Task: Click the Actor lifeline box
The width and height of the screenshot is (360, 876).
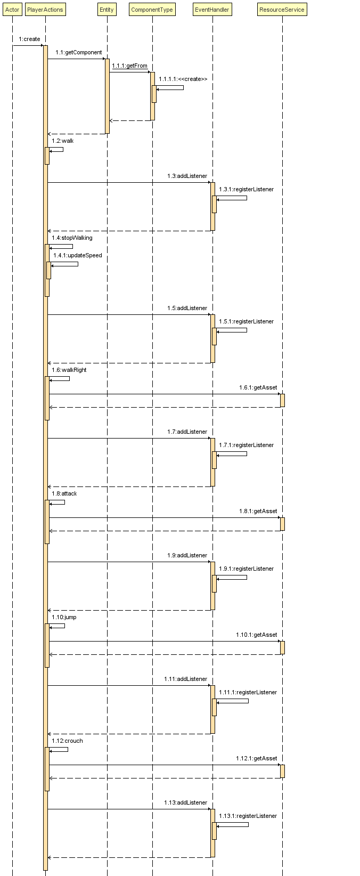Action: tap(12, 10)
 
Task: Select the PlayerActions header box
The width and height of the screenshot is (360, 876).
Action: tap(45, 10)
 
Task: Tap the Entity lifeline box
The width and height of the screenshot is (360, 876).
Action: tap(107, 10)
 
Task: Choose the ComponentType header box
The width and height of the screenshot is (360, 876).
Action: tap(152, 10)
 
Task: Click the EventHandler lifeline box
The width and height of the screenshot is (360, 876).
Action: tap(212, 10)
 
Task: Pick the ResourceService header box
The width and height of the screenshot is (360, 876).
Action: tap(282, 10)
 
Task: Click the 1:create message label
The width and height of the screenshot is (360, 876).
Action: tap(29, 39)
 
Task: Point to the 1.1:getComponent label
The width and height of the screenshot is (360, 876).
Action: tap(78, 52)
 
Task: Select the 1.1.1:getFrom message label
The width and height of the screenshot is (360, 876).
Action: tap(129, 66)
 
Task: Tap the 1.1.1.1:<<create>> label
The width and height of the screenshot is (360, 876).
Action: tap(183, 79)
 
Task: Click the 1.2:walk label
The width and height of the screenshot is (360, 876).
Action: tap(63, 141)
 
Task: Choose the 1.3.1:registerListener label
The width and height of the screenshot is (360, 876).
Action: tap(246, 189)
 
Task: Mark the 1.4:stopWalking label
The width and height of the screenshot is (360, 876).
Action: tap(72, 238)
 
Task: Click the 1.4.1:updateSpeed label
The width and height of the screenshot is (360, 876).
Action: tap(77, 255)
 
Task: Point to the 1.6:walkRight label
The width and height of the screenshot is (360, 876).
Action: tap(69, 370)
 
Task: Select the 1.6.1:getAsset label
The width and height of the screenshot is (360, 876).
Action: tap(258, 387)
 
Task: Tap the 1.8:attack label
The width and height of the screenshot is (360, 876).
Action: tap(64, 493)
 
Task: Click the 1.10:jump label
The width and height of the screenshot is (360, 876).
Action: tap(64, 617)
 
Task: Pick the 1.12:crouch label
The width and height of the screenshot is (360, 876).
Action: tap(67, 741)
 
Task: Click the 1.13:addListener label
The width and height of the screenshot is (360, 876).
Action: tap(185, 802)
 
